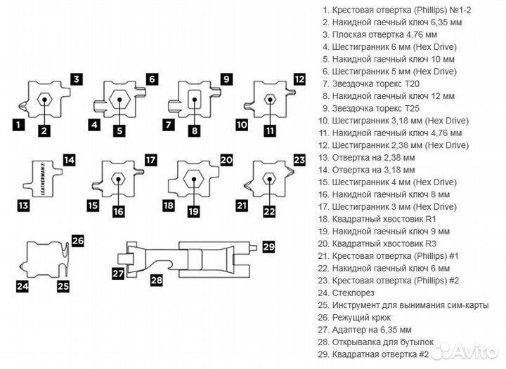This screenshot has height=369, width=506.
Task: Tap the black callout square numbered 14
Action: [x=69, y=160]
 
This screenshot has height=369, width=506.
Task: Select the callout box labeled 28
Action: [x=156, y=281]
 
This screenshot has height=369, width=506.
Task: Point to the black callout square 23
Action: [x=299, y=160]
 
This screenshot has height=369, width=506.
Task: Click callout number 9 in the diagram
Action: [x=226, y=79]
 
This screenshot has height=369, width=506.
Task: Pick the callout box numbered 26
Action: [x=78, y=241]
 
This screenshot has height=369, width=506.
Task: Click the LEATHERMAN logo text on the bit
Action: [x=44, y=178]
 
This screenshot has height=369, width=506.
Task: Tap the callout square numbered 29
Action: [x=268, y=246]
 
